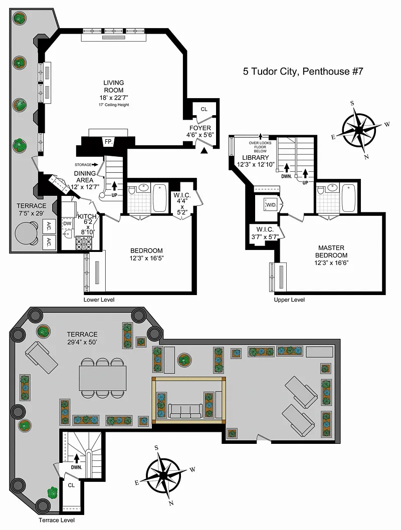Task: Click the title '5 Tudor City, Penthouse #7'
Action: click(x=303, y=71)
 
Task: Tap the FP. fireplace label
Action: click(x=109, y=142)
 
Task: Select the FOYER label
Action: click(x=200, y=128)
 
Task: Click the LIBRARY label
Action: click(x=256, y=157)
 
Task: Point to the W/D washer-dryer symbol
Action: click(x=271, y=204)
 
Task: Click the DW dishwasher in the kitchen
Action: click(x=67, y=223)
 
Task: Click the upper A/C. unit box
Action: click(x=49, y=226)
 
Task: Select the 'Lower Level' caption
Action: click(x=99, y=300)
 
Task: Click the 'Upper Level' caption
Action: click(x=289, y=300)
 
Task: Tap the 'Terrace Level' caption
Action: click(x=57, y=520)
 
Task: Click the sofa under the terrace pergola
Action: click(x=185, y=411)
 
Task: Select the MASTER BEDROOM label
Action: click(x=331, y=251)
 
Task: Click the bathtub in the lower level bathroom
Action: click(x=159, y=198)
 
